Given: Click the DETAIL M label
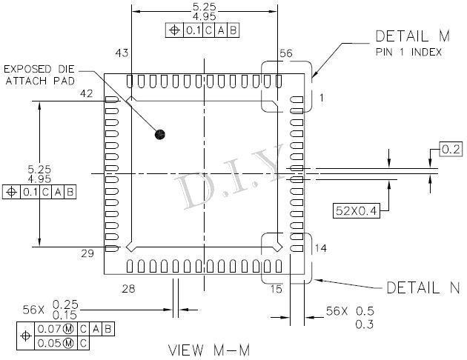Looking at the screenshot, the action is (x=412, y=36).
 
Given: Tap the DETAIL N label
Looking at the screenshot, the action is (x=423, y=287).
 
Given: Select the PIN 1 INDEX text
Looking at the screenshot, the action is (x=408, y=53).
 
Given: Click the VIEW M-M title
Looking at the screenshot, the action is (x=209, y=350).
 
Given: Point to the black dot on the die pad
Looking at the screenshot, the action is (x=160, y=135).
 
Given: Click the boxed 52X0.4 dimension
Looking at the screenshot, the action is (x=357, y=211).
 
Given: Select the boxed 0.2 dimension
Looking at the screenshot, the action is (x=451, y=149).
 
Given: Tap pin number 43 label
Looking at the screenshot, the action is (x=122, y=53).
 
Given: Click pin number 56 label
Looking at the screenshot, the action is (x=286, y=53).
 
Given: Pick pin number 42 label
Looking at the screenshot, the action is (x=87, y=94).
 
